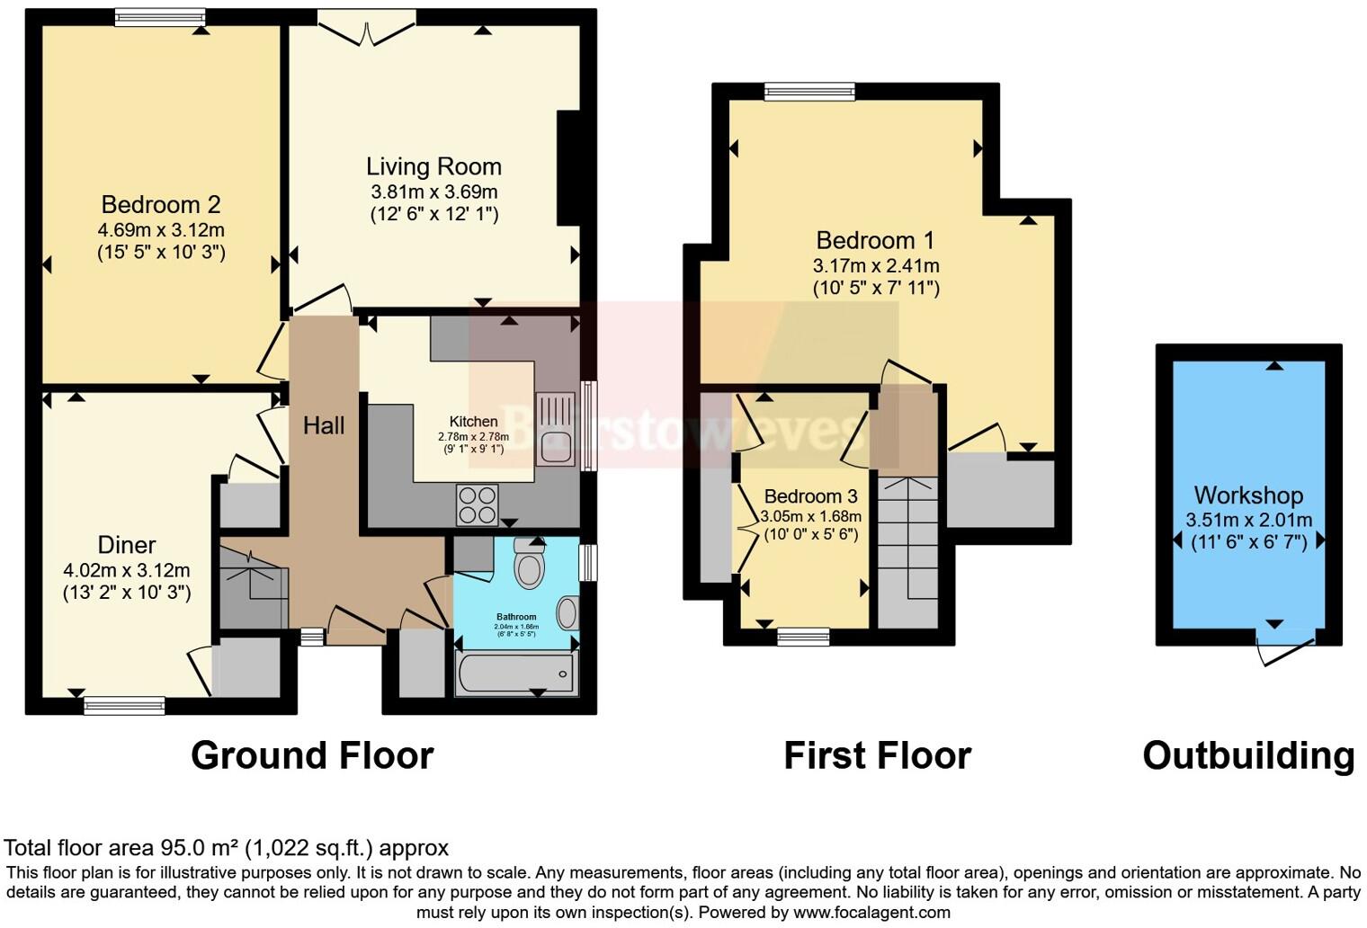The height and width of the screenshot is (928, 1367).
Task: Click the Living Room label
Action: (x=433, y=166)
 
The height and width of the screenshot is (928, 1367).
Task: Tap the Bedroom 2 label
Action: (x=160, y=205)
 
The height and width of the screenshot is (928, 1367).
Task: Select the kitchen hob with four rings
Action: (x=477, y=504)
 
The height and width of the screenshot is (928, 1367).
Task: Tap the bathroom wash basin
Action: (x=567, y=613)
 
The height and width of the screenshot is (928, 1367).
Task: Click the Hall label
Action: (x=324, y=425)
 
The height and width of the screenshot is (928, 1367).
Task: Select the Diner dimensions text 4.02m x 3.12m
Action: (x=127, y=570)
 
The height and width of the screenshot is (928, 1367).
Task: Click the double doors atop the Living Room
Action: (x=367, y=29)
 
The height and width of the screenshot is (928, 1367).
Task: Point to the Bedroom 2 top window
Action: (x=160, y=17)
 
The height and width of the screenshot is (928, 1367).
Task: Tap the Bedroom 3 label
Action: (x=810, y=496)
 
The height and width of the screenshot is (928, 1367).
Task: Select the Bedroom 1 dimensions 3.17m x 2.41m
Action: (x=875, y=266)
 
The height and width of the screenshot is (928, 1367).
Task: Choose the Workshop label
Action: (x=1248, y=495)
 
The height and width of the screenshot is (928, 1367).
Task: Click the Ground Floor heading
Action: (x=312, y=755)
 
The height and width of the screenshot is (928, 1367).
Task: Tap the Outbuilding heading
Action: (x=1248, y=755)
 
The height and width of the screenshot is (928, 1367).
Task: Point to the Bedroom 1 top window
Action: (x=809, y=92)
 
